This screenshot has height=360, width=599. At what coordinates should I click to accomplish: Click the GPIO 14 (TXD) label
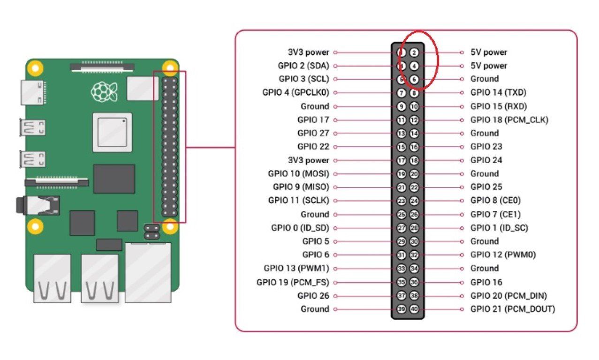pos(498,92)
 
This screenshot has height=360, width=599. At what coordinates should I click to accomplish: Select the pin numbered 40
pos(414,309)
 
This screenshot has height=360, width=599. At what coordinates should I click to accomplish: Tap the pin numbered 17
pos(401,160)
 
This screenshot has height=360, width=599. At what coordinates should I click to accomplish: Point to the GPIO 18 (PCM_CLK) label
pos(509,120)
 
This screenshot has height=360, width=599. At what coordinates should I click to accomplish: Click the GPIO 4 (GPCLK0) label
pos(296,92)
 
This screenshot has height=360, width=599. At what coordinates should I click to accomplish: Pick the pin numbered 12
pos(414,120)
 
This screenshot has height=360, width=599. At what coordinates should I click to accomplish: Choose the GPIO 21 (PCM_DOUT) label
pos(513,309)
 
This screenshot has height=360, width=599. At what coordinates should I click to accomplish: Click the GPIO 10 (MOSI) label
pos(298,174)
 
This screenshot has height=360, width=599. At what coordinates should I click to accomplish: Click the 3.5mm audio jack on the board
pos(38,205)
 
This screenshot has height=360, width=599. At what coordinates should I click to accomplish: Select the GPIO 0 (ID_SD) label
pos(300,228)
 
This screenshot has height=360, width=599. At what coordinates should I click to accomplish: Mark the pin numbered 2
pos(414,52)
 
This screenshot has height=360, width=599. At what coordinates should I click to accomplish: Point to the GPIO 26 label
pos(313,296)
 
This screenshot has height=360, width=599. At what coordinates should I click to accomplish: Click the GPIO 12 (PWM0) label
pos(503,255)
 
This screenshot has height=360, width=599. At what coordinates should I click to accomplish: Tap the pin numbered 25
pos(401,214)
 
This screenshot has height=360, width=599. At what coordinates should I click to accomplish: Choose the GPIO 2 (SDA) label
pos(303,66)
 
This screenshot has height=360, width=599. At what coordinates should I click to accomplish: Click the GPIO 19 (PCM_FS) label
pos(293,283)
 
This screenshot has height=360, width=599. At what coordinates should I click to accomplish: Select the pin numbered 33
pos(401,269)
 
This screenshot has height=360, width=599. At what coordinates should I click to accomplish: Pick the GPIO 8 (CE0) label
pos(495,201)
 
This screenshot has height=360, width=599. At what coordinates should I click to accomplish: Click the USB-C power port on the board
pos(33,92)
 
